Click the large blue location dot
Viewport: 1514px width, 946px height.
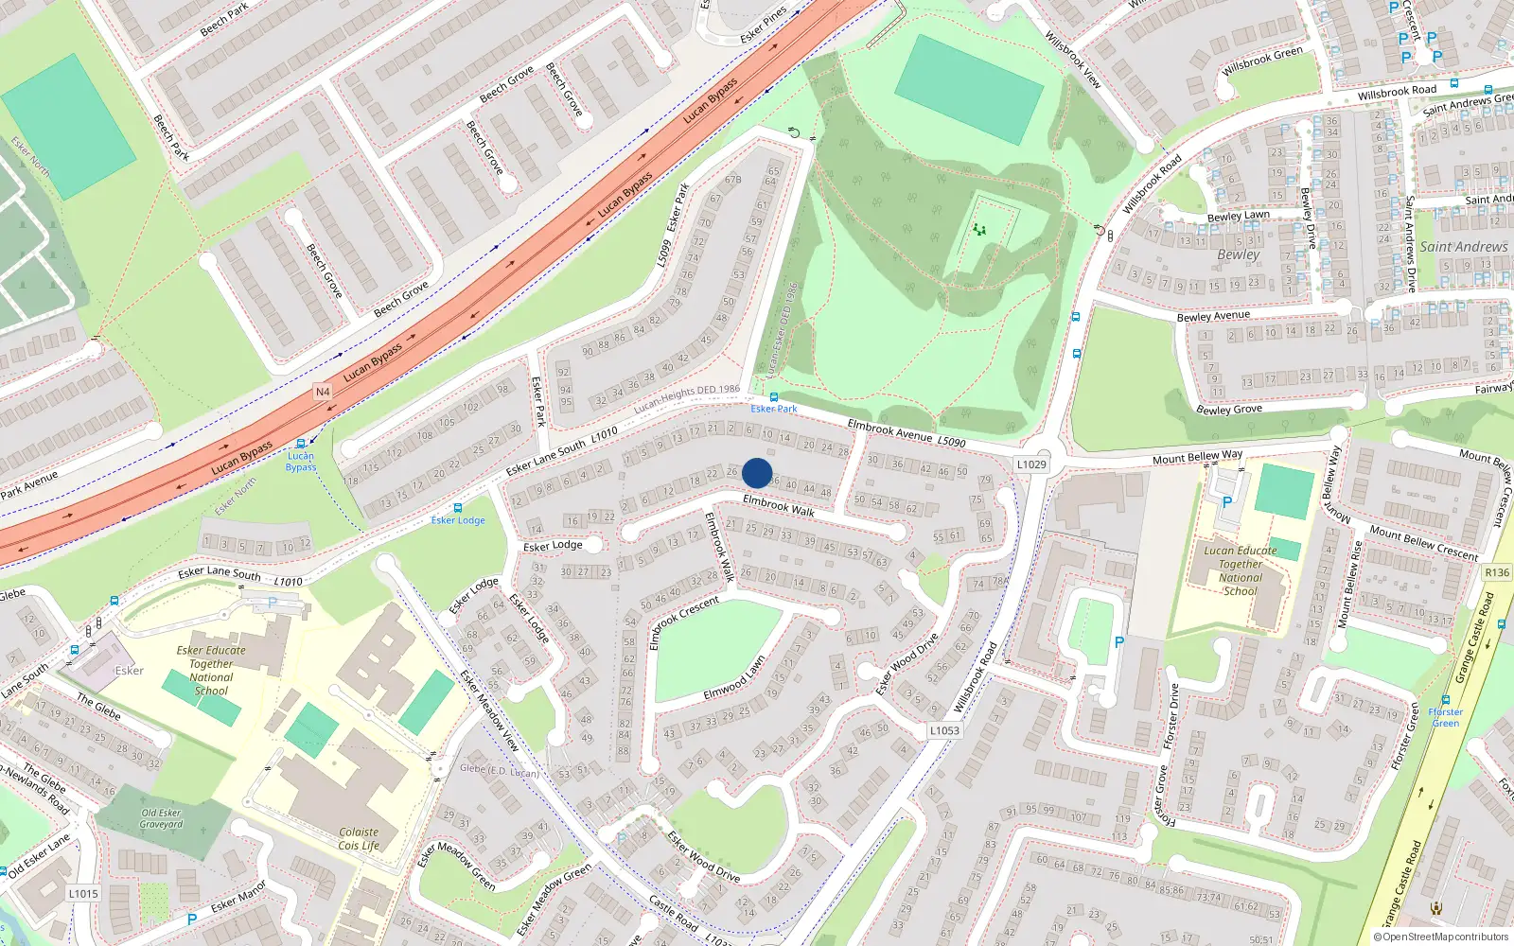point(757,473)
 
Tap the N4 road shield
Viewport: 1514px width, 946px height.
point(323,392)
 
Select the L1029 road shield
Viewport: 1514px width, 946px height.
point(1031,464)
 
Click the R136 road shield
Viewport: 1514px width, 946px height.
point(1497,572)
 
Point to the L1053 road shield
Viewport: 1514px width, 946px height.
point(943,730)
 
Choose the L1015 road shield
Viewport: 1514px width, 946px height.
point(83,893)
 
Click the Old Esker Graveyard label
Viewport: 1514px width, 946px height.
point(161,818)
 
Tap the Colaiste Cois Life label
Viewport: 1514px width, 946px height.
point(359,839)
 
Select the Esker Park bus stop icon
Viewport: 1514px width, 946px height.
point(774,397)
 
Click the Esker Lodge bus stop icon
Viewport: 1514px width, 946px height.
point(458,508)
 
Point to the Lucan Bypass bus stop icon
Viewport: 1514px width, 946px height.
point(301,444)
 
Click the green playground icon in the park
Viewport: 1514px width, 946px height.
point(979,230)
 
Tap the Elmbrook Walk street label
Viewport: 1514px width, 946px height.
point(778,505)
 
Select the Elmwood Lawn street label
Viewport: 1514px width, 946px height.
point(734,678)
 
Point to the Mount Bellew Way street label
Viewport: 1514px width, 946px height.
point(1197,457)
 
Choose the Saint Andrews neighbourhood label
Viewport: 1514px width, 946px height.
point(1463,247)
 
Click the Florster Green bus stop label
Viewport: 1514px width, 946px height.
point(1445,717)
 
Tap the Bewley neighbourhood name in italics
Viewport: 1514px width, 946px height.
point(1238,254)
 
